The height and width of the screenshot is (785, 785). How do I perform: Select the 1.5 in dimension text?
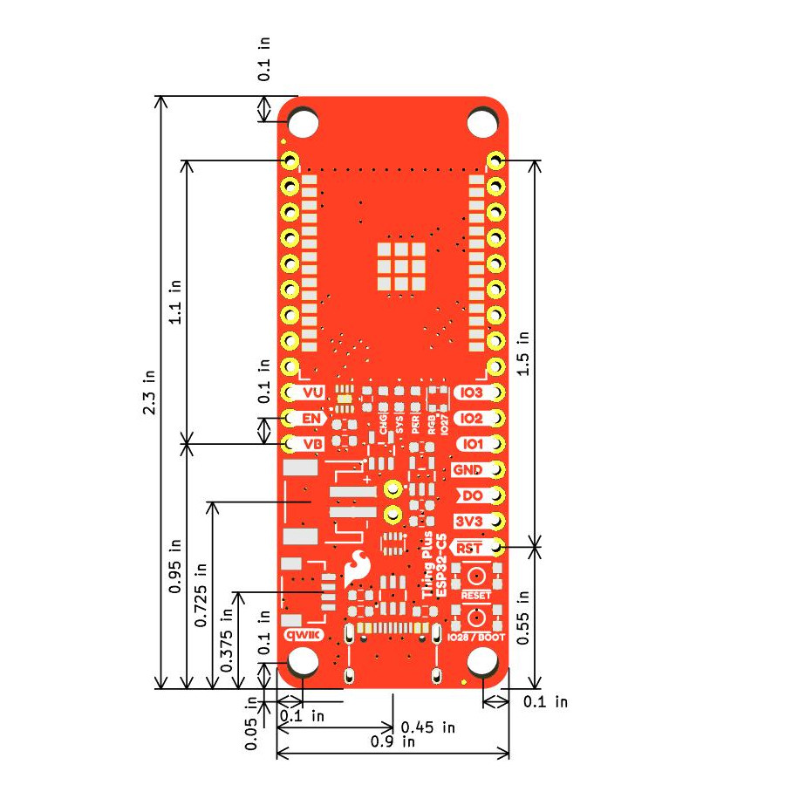pyautogui.click(x=523, y=352)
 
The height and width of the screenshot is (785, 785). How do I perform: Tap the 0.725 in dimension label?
pyautogui.click(x=201, y=594)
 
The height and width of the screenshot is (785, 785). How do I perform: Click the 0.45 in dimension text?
pyautogui.click(x=428, y=726)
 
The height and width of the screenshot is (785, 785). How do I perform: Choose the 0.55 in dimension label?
pyautogui.click(x=523, y=617)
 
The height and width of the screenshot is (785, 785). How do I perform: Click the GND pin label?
pyautogui.click(x=468, y=470)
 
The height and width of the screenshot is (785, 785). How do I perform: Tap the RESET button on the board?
pyautogui.click(x=476, y=577)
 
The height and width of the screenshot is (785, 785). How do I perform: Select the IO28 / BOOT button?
pyautogui.click(x=476, y=618)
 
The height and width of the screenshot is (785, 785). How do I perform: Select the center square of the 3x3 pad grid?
pyautogui.click(x=401, y=267)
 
